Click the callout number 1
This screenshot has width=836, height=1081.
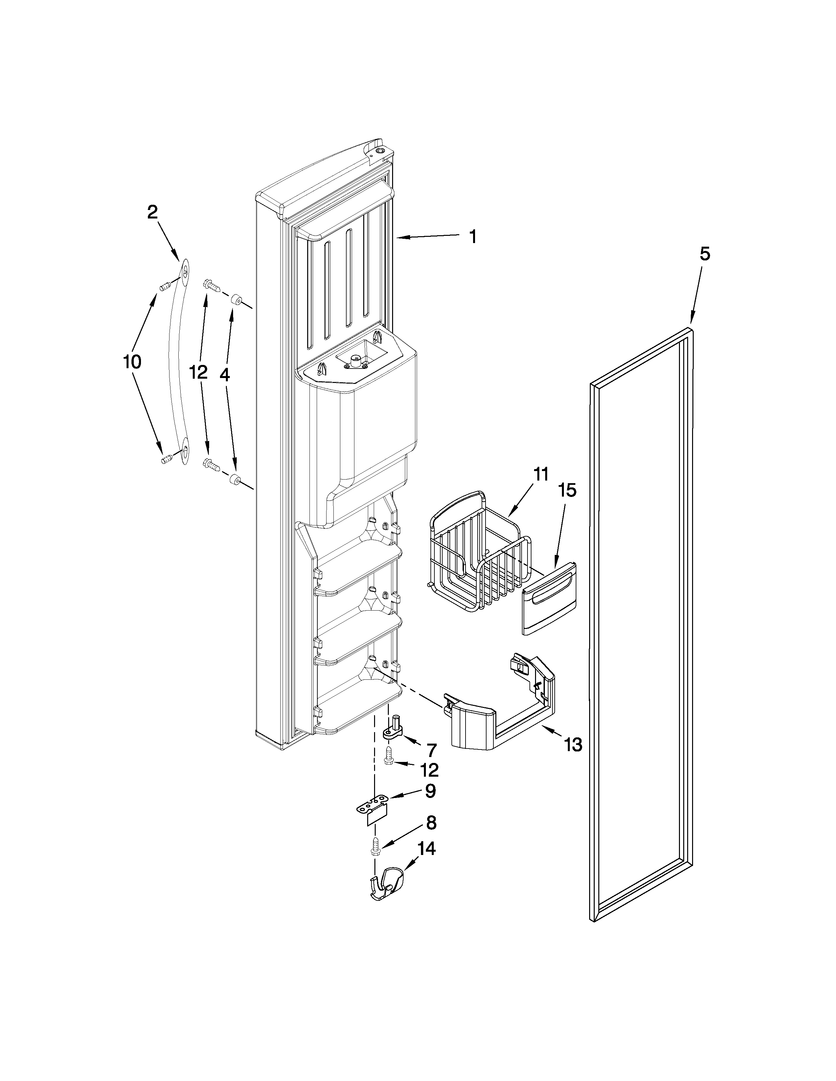(x=473, y=237)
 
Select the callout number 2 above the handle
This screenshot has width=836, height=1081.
(x=152, y=212)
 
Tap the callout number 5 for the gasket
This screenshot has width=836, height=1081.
(x=705, y=255)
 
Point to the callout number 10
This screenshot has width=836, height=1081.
(x=132, y=362)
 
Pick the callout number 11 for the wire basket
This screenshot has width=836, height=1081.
(x=541, y=474)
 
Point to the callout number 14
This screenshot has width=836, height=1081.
(x=427, y=849)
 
